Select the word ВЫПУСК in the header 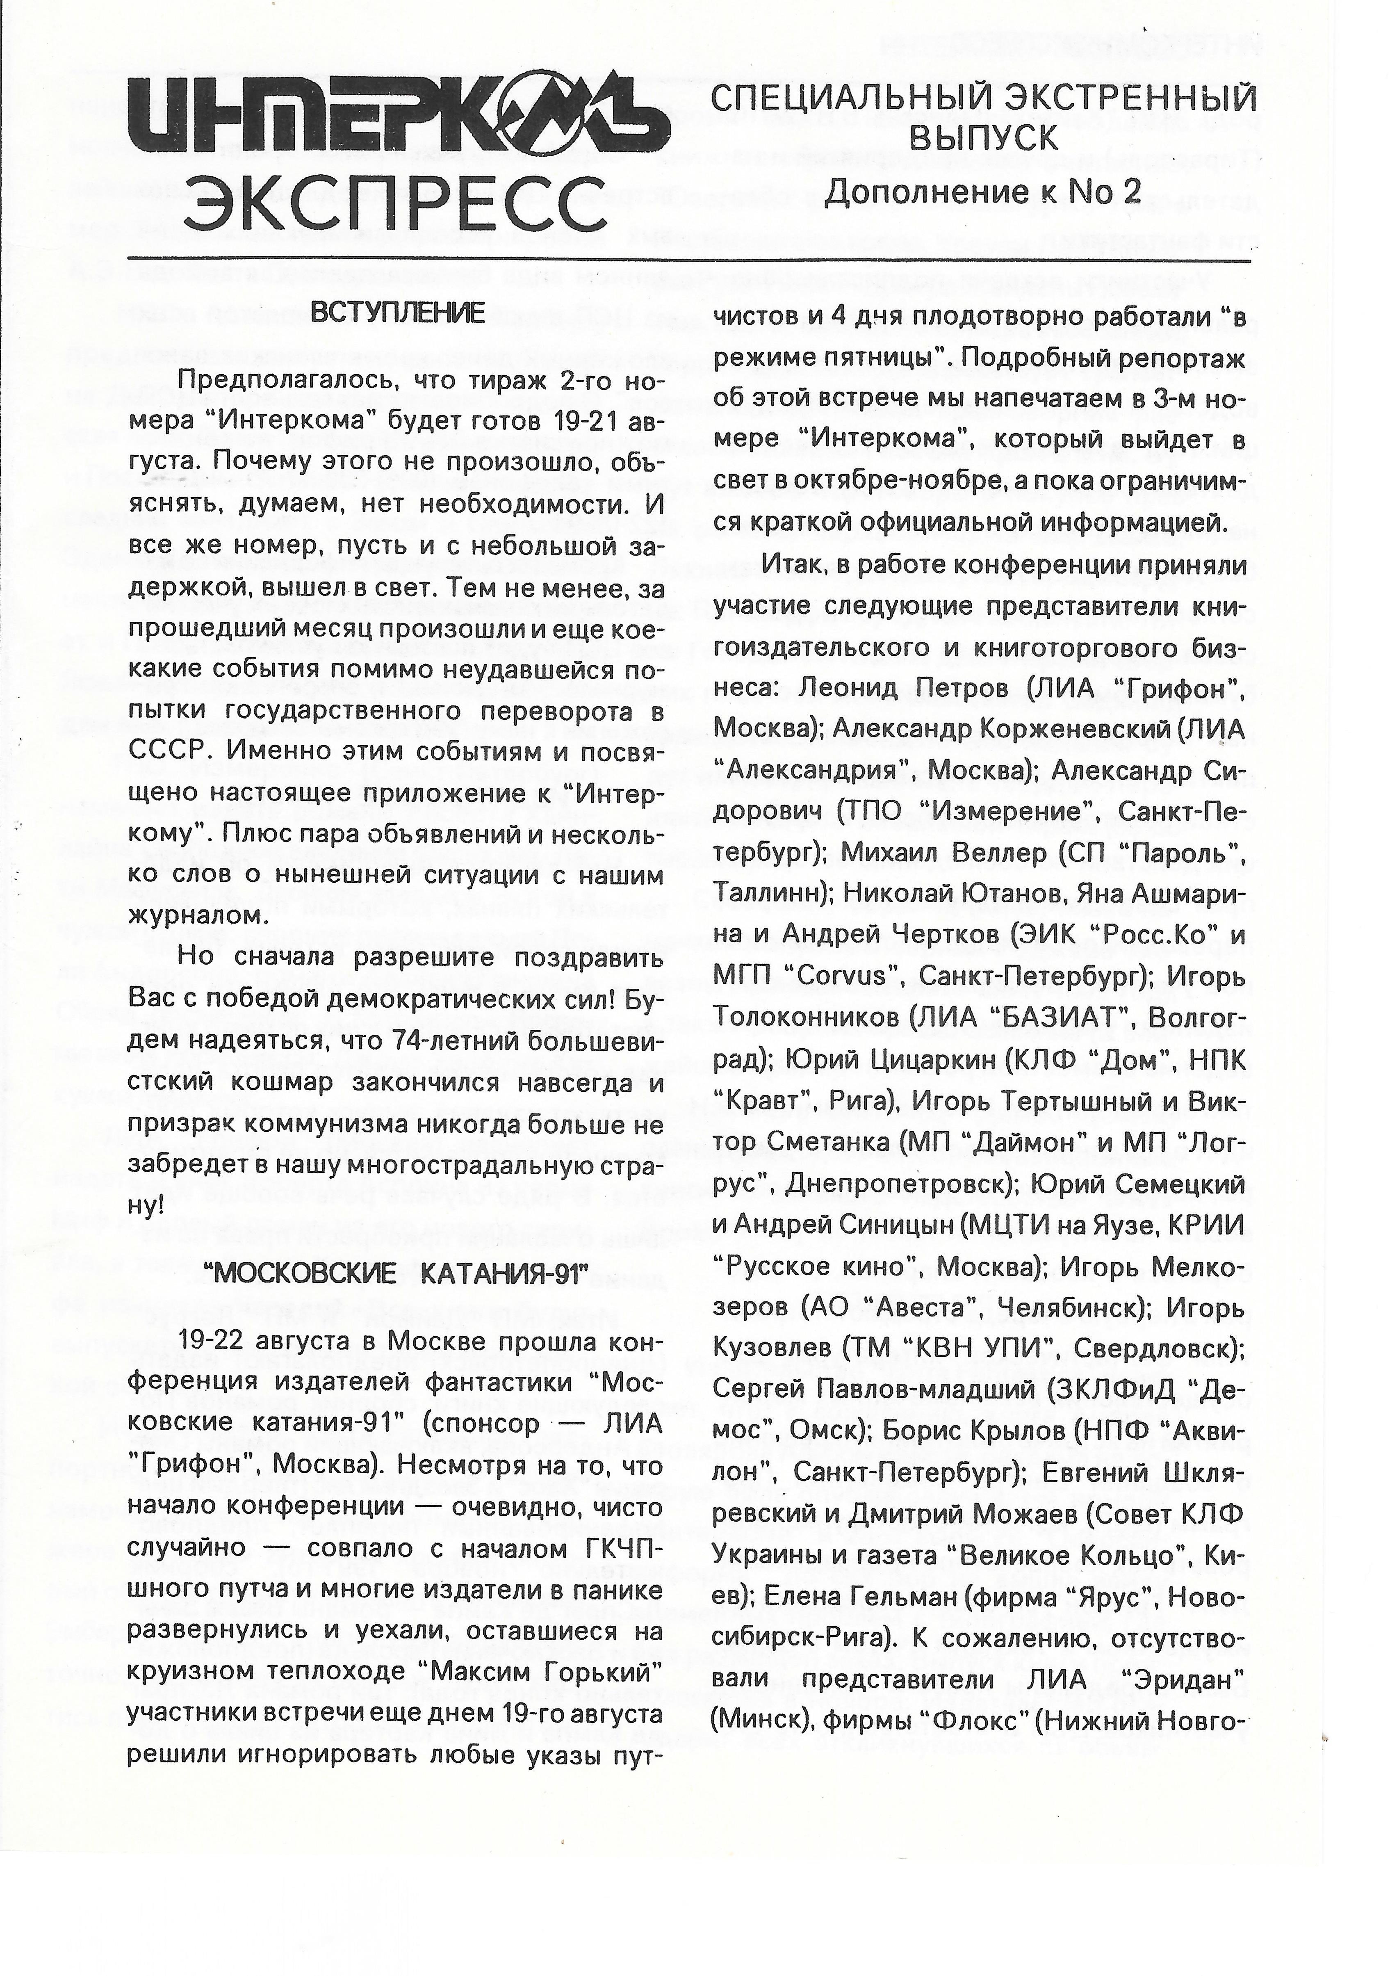[981, 138]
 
